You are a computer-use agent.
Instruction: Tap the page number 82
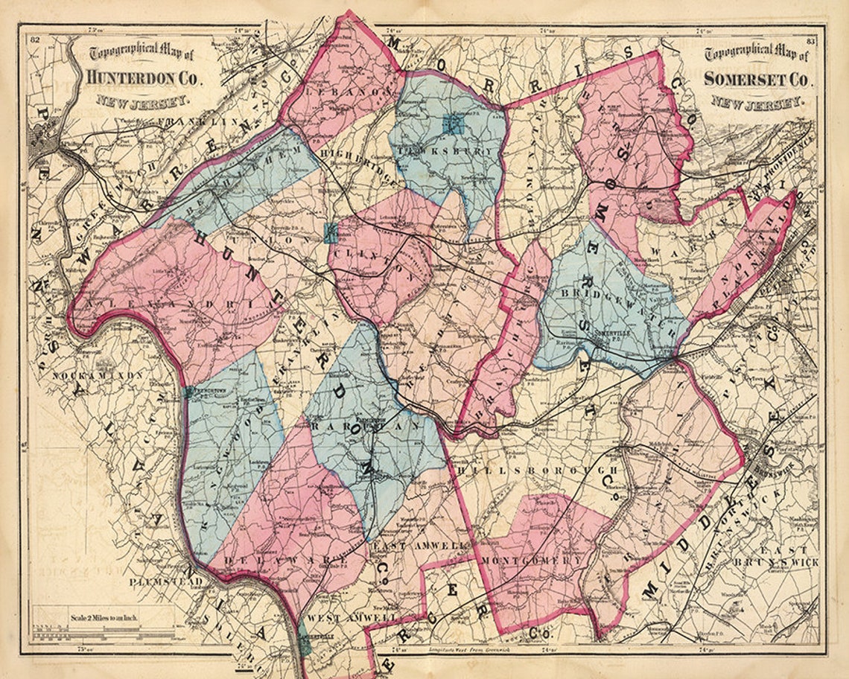pos(34,50)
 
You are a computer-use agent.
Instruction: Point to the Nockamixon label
pos(97,376)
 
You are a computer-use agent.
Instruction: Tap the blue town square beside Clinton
pos(331,233)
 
